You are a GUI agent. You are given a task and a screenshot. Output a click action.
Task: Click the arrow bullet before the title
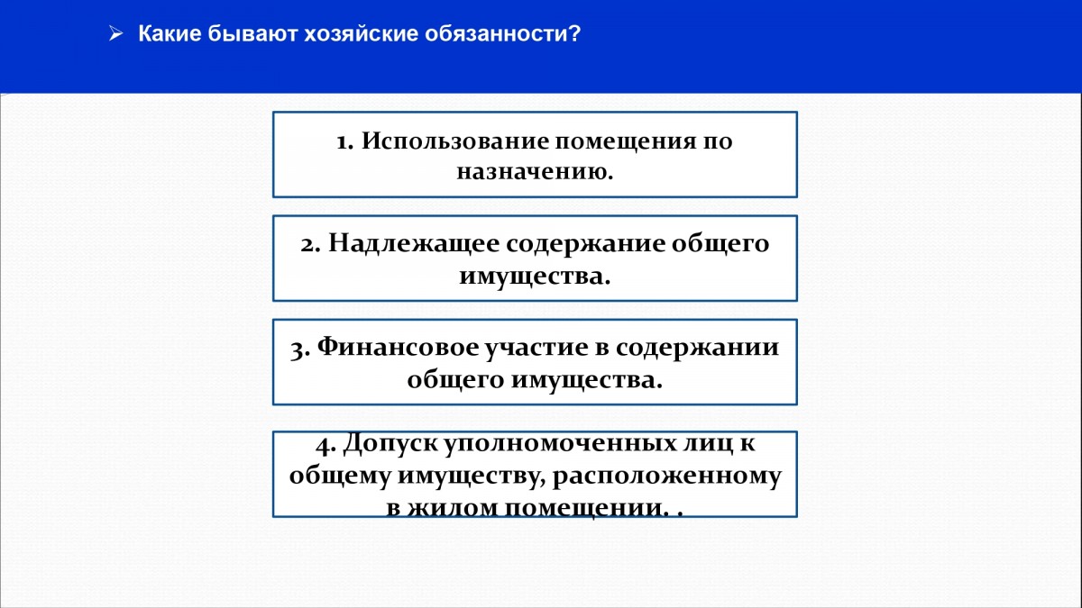click(116, 34)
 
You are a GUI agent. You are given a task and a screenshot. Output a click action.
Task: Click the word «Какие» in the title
click(170, 34)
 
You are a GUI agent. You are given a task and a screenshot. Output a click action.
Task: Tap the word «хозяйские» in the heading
click(362, 34)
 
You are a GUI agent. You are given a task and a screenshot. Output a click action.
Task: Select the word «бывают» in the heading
click(252, 34)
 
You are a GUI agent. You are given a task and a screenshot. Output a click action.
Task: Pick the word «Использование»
click(455, 141)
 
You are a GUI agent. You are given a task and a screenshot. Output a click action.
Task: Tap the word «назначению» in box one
click(530, 172)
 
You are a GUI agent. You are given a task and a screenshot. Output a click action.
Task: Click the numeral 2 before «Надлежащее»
click(309, 245)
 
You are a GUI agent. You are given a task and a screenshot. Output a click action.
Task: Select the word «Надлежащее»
click(414, 244)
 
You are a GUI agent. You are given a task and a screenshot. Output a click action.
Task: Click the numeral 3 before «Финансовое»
click(299, 349)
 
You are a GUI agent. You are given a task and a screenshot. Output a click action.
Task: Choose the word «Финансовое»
click(398, 347)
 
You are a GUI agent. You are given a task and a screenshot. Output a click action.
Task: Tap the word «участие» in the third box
click(536, 349)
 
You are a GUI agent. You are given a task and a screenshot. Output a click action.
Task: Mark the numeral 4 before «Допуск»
click(326, 445)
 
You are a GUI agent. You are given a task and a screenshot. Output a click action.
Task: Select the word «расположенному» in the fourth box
click(667, 477)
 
